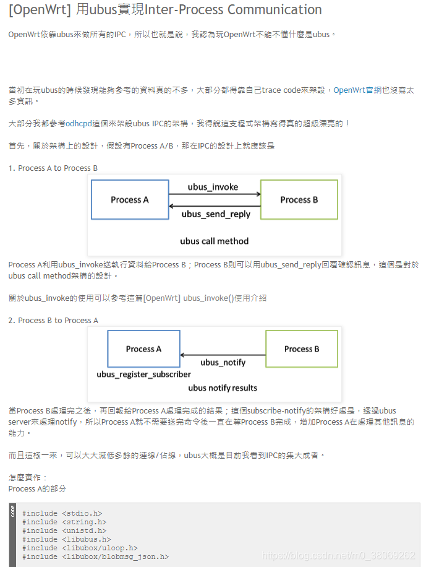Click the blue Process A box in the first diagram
tap(130, 199)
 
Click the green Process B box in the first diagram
tap(299, 199)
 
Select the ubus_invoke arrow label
tap(213, 187)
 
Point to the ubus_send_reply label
tap(216, 214)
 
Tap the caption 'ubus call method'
tap(214, 241)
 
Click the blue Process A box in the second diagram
tap(143, 349)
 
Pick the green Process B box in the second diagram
tap(302, 349)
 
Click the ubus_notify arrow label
tap(223, 362)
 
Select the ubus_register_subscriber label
tap(143, 374)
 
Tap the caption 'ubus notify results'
tap(223, 388)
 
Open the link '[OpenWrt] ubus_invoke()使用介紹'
tap(205, 298)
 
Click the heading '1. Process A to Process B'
tap(53, 168)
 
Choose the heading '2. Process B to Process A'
tap(53, 320)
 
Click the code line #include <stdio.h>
tap(62, 513)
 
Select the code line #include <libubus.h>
tap(66, 539)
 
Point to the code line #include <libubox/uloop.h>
tap(80, 548)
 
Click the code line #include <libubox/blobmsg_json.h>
tap(95, 556)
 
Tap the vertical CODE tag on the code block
tap(13, 511)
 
